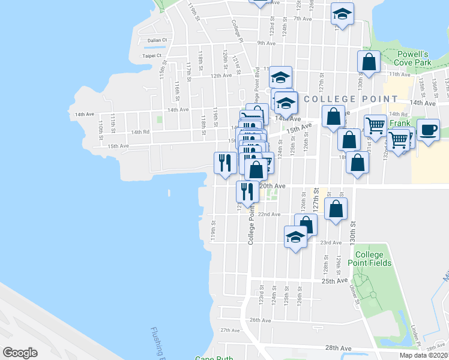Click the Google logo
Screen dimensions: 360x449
click(x=20, y=353)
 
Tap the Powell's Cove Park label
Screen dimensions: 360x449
click(x=414, y=58)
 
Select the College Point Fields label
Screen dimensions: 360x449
click(x=373, y=259)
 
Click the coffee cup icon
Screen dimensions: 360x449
click(x=428, y=130)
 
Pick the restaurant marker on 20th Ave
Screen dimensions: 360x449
click(x=247, y=191)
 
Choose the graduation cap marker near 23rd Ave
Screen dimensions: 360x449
click(x=295, y=236)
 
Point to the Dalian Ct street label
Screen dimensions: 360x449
click(x=155, y=40)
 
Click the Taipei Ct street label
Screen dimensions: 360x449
click(x=152, y=56)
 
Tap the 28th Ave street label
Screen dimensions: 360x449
click(x=337, y=348)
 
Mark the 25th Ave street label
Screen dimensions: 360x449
click(x=335, y=281)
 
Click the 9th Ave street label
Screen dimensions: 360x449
click(x=265, y=43)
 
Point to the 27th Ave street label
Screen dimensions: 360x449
click(x=230, y=330)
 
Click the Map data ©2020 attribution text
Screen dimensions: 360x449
click(x=423, y=355)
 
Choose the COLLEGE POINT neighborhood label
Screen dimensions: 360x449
click(x=351, y=99)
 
